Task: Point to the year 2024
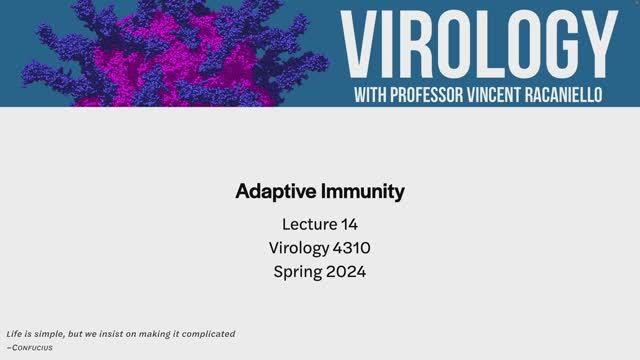click(x=346, y=271)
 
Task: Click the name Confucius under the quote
click(x=30, y=347)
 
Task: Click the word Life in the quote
click(x=14, y=334)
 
